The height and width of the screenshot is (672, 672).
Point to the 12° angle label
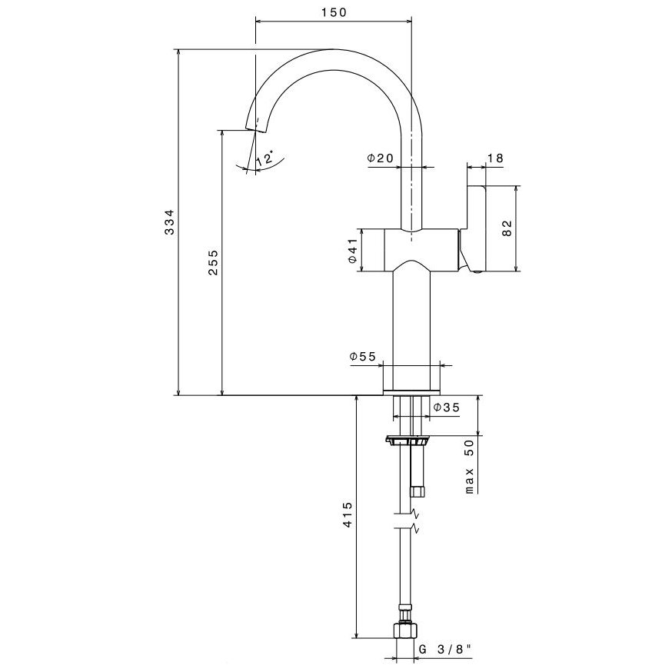pyautogui.click(x=265, y=159)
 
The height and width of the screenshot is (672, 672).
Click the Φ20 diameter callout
pyautogui.click(x=381, y=158)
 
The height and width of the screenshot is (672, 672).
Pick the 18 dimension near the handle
pyautogui.click(x=495, y=158)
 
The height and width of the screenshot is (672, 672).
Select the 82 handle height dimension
pyautogui.click(x=505, y=228)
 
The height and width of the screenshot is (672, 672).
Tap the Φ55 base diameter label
pyautogui.click(x=362, y=357)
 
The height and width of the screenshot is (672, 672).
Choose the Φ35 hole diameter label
pyautogui.click(x=446, y=408)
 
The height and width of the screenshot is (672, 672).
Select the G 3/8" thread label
pyautogui.click(x=446, y=650)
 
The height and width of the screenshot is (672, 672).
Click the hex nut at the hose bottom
pyautogui.click(x=404, y=630)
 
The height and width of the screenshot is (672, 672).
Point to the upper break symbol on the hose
pyautogui.click(x=414, y=513)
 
